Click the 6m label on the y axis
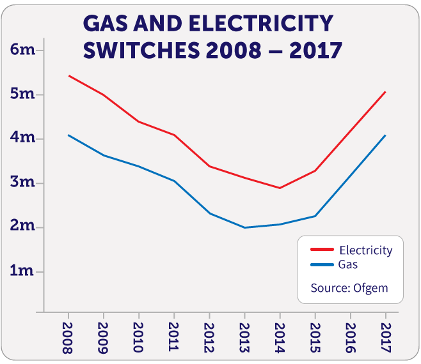point(22,50)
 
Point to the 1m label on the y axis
point(22,271)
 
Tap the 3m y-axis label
point(22,183)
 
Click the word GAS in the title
point(104,24)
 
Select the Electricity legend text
point(365,250)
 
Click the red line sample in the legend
point(322,250)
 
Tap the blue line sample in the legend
point(322,264)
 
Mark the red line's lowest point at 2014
point(280,188)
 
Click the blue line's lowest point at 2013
point(244,227)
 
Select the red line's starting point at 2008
point(69,76)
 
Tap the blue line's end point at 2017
point(385,135)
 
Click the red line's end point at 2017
point(385,92)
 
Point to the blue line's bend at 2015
point(315,216)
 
